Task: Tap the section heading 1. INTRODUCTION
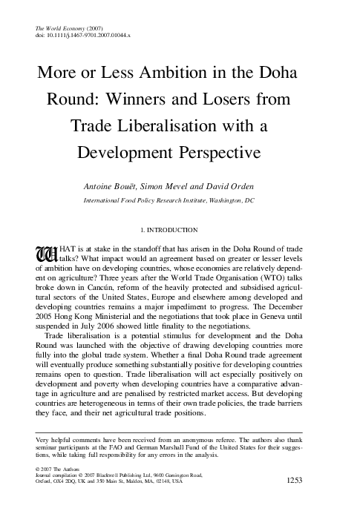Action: (x=180, y=230)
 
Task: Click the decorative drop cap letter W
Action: (x=46, y=254)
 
